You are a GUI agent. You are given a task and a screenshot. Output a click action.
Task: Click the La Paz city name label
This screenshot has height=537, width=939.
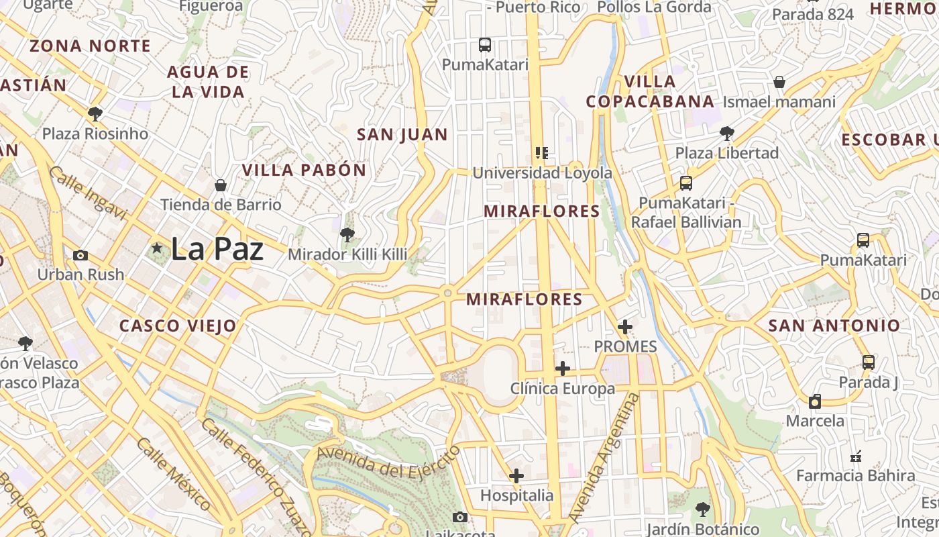pos(217,249)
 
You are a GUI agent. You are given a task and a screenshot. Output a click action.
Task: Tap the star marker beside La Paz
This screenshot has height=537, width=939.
pos(157,248)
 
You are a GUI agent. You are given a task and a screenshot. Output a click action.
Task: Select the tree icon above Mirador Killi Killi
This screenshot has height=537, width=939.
pos(347,234)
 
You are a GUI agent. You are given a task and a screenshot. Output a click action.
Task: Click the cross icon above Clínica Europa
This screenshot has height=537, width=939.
pos(563,368)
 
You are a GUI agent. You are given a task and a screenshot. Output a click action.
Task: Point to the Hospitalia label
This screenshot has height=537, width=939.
pos(516,495)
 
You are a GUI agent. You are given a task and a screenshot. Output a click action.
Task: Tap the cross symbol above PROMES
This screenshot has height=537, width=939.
pos(625,327)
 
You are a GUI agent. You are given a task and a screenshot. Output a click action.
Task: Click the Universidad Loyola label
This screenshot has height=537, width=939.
pos(542,173)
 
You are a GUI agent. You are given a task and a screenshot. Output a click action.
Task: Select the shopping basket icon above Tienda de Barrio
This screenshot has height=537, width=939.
pos(220,185)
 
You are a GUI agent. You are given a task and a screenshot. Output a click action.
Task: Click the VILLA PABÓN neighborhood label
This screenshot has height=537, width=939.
pos(304,170)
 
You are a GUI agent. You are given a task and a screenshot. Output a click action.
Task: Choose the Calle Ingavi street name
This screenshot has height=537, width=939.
pos(87,193)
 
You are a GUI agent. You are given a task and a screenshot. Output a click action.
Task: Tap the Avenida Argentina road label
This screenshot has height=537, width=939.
pos(604,458)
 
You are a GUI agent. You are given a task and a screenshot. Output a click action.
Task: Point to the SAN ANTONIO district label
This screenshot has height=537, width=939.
pos(834,326)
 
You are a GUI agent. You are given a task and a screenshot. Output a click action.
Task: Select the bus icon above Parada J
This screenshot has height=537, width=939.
pos(868,362)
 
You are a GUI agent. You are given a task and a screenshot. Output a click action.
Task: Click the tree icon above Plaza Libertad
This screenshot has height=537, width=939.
pos(726,133)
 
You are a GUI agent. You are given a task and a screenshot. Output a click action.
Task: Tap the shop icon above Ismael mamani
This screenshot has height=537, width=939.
pos(779,82)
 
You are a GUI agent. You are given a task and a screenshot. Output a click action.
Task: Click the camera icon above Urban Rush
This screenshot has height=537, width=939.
pos(80,255)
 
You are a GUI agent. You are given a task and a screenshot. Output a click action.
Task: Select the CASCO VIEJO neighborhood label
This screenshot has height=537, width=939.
pos(178,326)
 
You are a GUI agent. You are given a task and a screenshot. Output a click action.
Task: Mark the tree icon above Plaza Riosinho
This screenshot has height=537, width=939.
pos(95,113)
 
